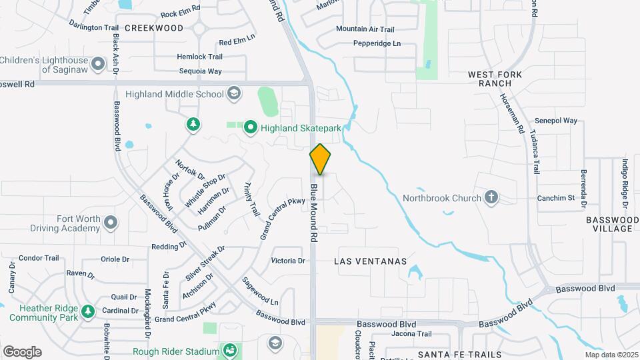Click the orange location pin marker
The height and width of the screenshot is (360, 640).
point(321,159)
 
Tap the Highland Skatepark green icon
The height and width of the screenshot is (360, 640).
point(251,126)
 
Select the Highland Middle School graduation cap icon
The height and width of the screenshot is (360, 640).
point(234,93)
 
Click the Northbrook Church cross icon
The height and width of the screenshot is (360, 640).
point(491,197)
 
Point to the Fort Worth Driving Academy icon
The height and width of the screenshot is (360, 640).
point(111,223)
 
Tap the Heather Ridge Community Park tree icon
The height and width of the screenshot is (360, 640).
point(87,311)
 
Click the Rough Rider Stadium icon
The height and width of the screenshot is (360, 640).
point(230,351)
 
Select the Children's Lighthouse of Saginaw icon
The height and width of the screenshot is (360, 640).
point(98,64)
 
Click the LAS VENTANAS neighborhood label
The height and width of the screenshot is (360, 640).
point(371,262)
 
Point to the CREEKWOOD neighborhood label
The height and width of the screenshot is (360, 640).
point(154,28)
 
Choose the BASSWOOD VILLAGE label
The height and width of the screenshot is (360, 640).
point(612,224)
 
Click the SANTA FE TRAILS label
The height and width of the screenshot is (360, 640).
point(453,353)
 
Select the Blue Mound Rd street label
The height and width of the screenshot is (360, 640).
point(313,213)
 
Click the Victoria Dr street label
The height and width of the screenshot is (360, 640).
point(288,261)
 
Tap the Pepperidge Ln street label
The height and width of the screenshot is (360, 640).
point(377,43)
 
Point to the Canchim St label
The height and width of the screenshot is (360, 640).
point(555,198)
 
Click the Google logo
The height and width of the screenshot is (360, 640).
point(22,352)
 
